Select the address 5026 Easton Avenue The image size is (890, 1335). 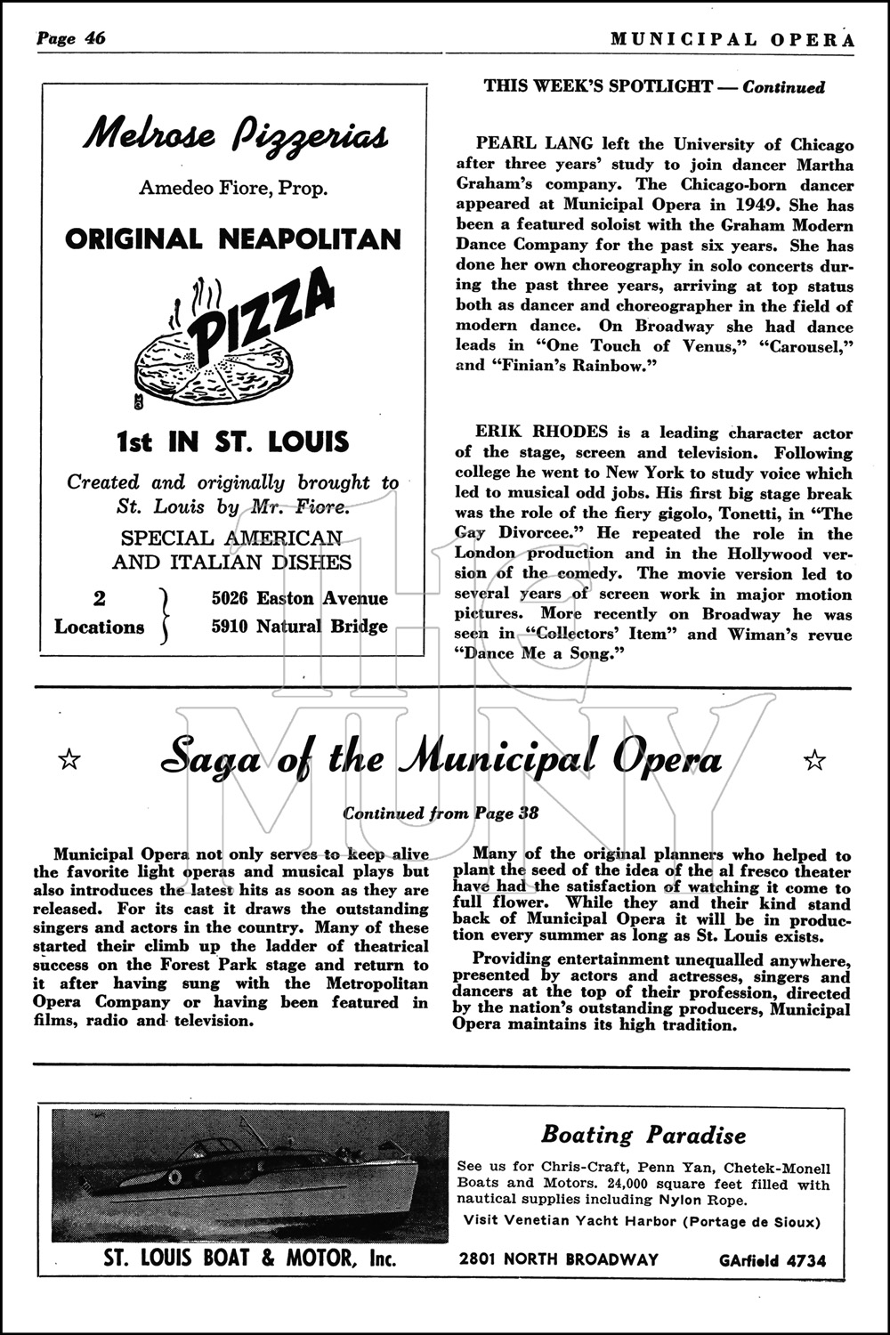click(300, 598)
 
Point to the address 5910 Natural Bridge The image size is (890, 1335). click(300, 627)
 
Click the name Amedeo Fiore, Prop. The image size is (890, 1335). click(233, 188)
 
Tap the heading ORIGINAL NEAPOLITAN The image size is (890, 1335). click(233, 239)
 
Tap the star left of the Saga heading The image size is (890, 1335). click(69, 759)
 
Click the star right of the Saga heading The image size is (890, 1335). click(813, 759)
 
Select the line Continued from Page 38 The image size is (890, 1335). click(441, 813)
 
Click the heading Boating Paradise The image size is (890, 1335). click(643, 1135)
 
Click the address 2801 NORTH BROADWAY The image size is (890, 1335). click(559, 1259)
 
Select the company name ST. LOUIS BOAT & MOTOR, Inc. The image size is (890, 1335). click(250, 1259)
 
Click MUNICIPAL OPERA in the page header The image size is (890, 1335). click(719, 39)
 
